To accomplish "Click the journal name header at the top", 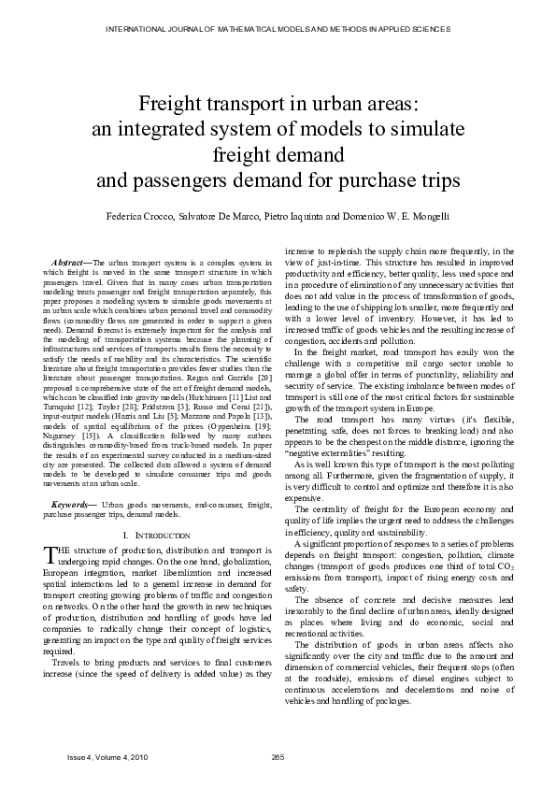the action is click(x=278, y=29).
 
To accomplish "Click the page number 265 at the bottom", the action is click(x=277, y=755).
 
